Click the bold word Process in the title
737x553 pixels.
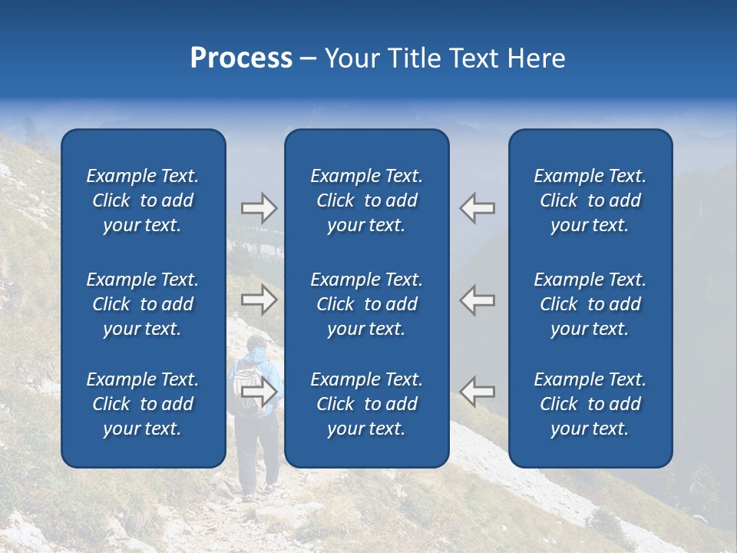[241, 58]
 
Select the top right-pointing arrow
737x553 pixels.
[259, 208]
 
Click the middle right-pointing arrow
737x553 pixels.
[259, 300]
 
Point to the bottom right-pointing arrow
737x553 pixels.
[259, 392]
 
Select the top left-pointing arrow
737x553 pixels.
[478, 208]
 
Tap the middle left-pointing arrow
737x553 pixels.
[478, 300]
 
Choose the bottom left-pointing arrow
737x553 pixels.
[478, 392]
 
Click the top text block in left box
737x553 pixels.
[143, 200]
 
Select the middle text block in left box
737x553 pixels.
[143, 304]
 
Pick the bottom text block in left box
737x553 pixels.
[143, 404]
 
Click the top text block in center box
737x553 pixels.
[366, 200]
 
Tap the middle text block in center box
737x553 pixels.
[366, 304]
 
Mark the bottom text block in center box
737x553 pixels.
[366, 404]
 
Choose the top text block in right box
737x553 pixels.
[590, 200]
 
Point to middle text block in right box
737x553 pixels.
[590, 304]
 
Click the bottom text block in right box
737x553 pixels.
[590, 404]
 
